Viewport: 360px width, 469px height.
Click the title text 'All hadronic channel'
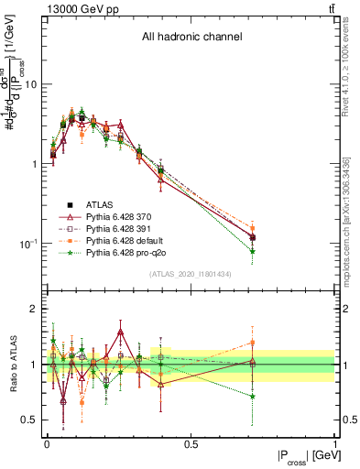(x=191, y=38)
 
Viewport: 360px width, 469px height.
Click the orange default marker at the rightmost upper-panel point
(x=252, y=229)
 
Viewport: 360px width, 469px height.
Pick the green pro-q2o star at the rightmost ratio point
(x=252, y=397)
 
